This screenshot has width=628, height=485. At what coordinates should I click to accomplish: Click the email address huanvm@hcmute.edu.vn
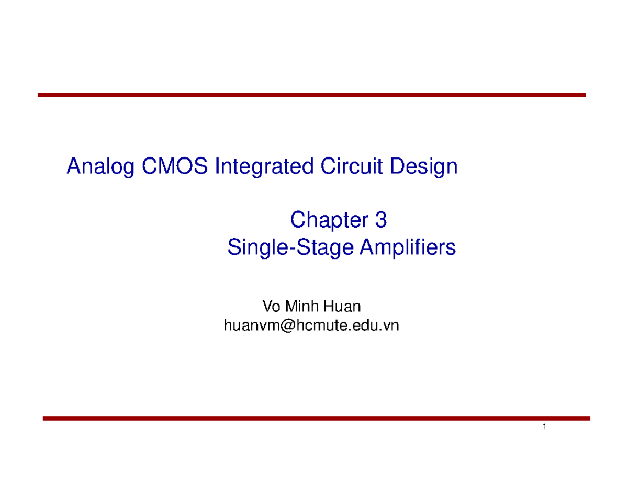pyautogui.click(x=311, y=325)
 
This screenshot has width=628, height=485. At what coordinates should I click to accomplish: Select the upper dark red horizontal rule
pyautogui.click(x=311, y=95)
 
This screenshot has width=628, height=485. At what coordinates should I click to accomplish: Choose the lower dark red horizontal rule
pyautogui.click(x=316, y=419)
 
